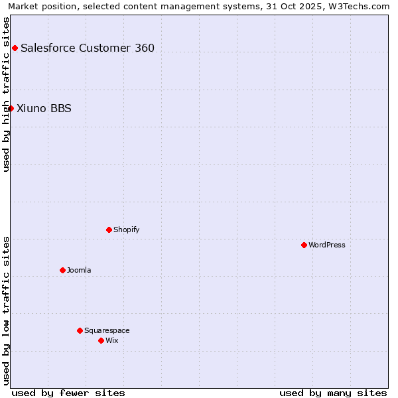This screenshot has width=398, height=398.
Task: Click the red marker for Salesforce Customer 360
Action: [15, 48]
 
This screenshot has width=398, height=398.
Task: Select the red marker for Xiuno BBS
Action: [11, 108]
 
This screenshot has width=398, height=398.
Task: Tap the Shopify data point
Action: [109, 230]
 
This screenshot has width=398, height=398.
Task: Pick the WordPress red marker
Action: [304, 245]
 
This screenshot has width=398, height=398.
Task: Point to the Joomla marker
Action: [62, 270]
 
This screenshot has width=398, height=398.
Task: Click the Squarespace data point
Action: [80, 330]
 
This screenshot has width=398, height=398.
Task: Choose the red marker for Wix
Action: [101, 340]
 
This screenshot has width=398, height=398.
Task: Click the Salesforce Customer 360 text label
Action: [88, 48]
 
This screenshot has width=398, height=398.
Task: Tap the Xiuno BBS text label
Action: [44, 109]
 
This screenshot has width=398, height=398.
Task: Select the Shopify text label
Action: [126, 230]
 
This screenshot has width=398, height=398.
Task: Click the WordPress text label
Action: [327, 245]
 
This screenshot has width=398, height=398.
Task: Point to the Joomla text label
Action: [79, 270]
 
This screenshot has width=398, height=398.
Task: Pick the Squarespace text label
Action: [107, 330]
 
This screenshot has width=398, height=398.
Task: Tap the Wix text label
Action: [111, 340]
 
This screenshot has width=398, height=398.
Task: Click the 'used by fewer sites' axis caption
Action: [68, 393]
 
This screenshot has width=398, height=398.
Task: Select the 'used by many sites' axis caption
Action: [333, 393]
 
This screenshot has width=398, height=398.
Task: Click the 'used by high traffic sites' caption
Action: [6, 94]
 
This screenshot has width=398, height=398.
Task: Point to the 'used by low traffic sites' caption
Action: [6, 310]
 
